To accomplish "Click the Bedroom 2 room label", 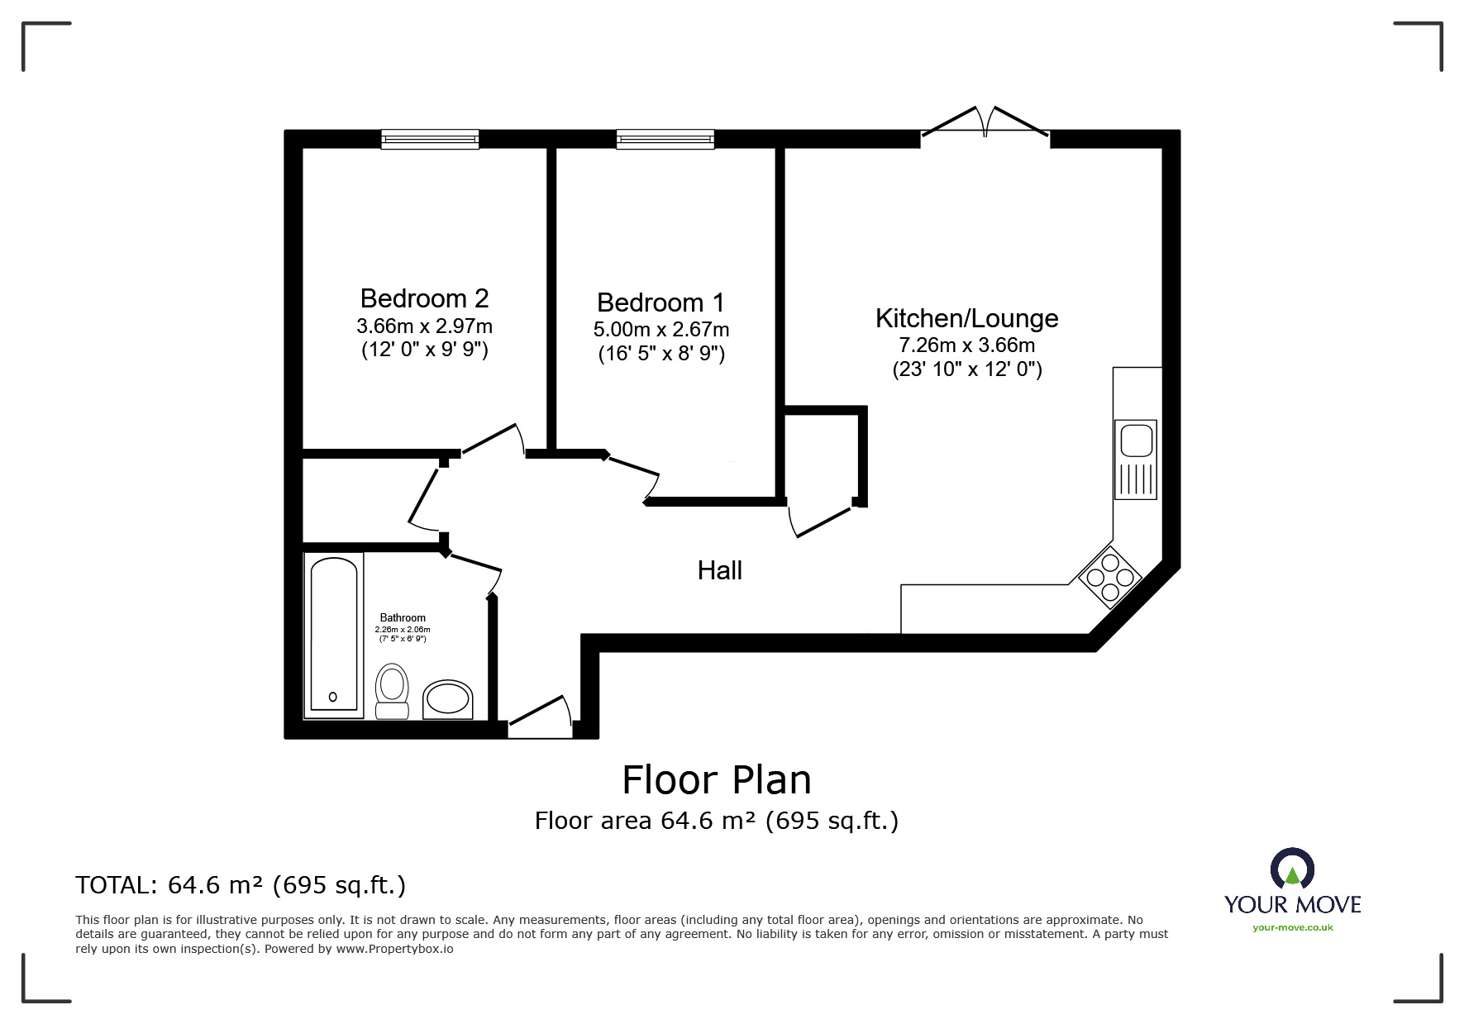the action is point(424,298).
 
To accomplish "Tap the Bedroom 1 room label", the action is point(660,302).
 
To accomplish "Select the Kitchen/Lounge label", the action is point(966,318).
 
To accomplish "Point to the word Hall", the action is point(719,570).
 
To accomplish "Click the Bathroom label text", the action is point(403,617).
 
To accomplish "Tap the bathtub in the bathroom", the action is point(334,634).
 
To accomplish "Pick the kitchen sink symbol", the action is point(1135,460).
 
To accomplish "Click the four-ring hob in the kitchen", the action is point(1109,577).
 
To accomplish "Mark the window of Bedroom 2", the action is point(430,140).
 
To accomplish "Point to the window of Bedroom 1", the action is point(665,140).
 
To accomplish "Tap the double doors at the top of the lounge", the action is point(985,121).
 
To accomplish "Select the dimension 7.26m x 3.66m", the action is point(967,345).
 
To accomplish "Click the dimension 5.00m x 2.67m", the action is point(661,330).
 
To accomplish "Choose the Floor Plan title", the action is point(717,779).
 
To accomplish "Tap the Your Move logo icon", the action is point(1292,869).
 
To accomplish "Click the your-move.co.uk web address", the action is point(1293,927).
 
